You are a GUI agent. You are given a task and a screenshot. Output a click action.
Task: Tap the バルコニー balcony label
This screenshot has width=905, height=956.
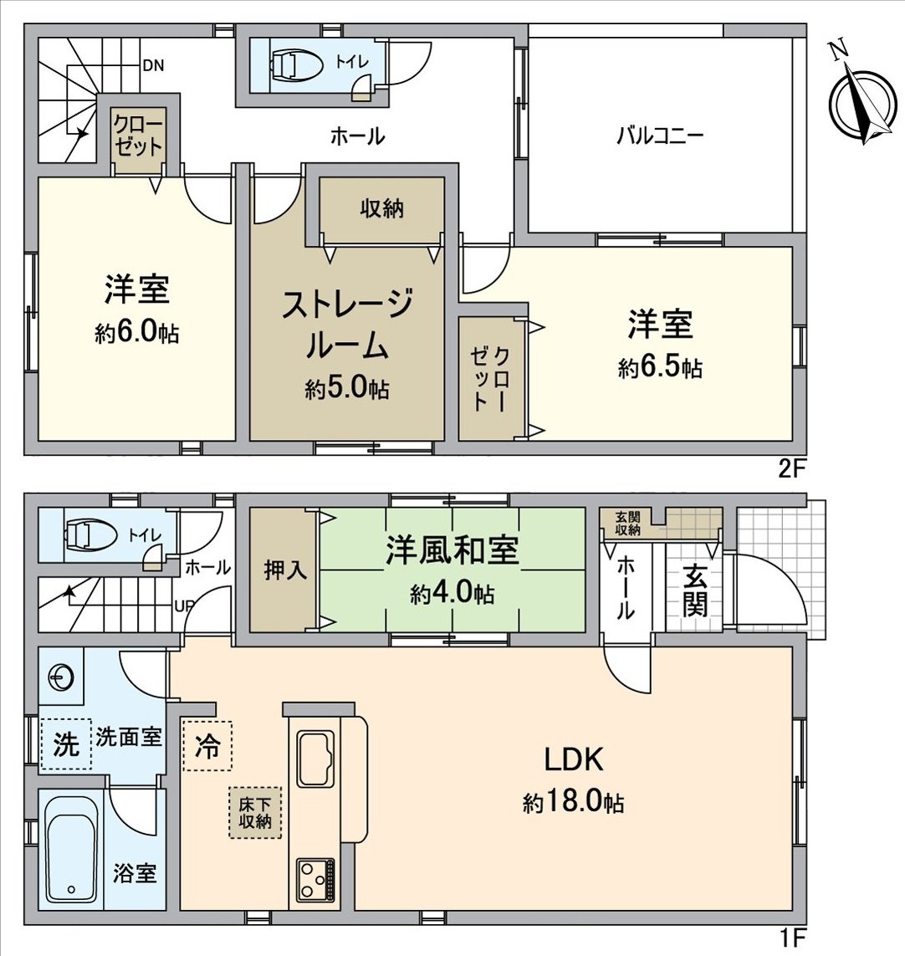[660, 136]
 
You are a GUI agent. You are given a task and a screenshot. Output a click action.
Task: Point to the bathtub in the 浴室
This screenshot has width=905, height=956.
[70, 850]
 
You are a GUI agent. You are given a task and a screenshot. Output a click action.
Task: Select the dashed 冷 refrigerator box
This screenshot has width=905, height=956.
[207, 745]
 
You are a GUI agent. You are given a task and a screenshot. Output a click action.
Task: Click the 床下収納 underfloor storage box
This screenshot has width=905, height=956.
[255, 812]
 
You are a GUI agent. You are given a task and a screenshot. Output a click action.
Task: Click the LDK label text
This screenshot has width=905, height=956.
[574, 760]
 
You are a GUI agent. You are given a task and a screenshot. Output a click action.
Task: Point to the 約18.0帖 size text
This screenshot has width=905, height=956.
[573, 804]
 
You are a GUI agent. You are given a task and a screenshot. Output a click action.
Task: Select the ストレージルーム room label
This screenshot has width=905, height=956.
[346, 325]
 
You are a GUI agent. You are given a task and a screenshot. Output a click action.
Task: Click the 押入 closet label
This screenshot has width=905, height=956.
[284, 571]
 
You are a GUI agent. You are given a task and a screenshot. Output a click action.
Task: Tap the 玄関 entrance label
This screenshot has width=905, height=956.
[693, 590]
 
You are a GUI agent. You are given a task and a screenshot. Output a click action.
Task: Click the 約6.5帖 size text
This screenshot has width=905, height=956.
[660, 368]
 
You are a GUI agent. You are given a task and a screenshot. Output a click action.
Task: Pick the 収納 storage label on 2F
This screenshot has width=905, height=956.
[381, 208]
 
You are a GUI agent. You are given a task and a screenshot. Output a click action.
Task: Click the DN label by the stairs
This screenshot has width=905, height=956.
[152, 64]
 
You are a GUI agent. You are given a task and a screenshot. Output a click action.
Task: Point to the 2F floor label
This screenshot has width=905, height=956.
[791, 469]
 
